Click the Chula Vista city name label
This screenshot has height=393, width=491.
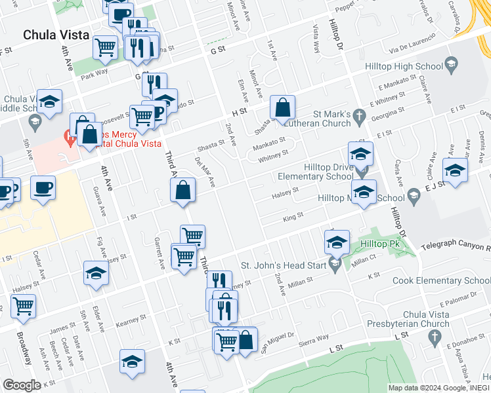click(56, 35)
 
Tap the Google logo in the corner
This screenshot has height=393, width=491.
click(22, 384)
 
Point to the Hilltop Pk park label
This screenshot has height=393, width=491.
click(385, 244)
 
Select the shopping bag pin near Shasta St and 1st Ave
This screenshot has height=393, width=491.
click(282, 107)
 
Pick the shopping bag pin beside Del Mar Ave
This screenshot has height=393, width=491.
click(183, 191)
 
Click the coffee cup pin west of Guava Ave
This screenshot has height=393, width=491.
click(43, 189)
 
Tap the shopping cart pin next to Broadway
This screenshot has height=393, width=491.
click(23, 306)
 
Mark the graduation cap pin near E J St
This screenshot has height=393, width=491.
click(456, 170)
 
